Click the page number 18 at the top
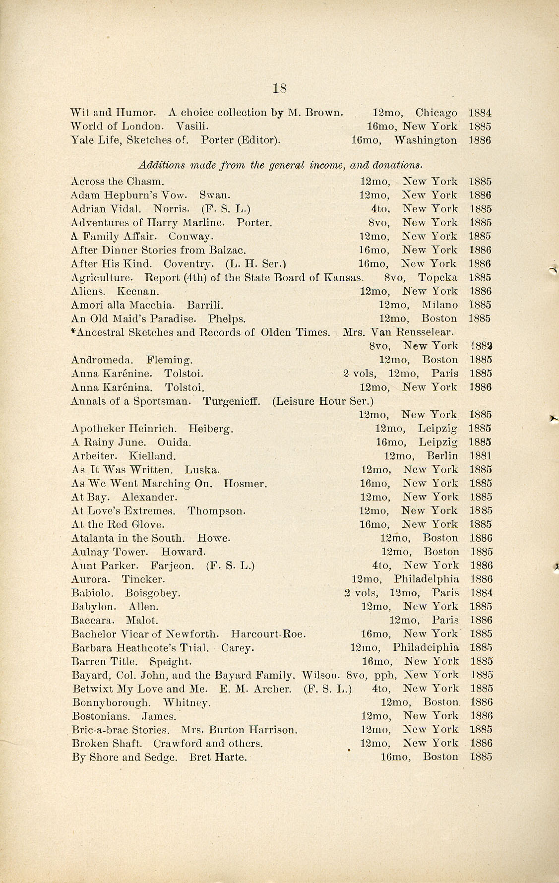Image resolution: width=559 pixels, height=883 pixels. (280, 88)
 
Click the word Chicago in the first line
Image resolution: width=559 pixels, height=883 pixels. (436, 113)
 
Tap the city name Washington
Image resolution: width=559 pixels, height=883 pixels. (425, 140)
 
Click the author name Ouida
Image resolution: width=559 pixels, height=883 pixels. (174, 442)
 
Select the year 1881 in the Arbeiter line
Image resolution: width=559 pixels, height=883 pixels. (480, 455)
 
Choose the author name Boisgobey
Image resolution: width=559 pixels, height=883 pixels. (153, 593)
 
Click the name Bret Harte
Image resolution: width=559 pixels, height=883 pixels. (218, 757)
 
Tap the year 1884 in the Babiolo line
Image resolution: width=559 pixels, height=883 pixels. (481, 593)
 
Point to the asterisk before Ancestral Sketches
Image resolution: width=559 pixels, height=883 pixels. (73, 331)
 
